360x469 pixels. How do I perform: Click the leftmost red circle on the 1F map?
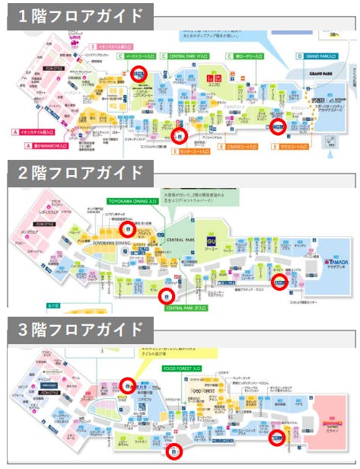coord(139,73)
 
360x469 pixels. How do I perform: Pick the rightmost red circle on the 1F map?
coord(278,126)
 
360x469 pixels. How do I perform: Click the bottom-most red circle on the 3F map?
coord(175,451)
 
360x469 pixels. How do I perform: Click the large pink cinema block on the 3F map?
coord(328,423)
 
